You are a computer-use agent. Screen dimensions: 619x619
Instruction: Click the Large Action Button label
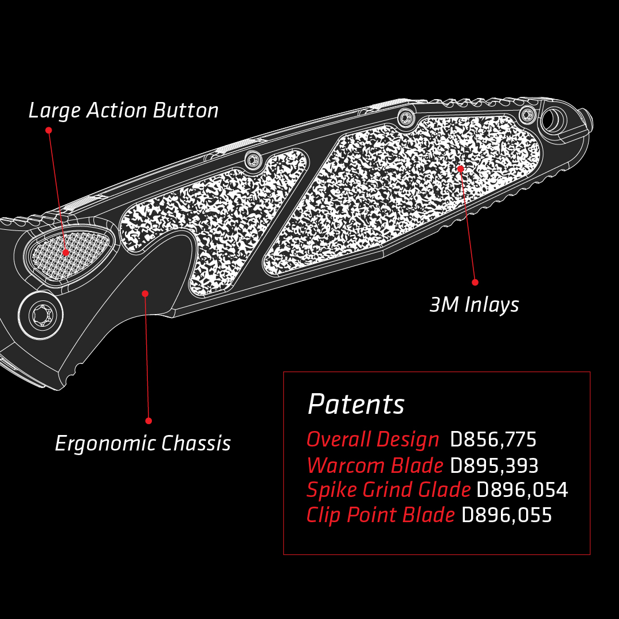click(123, 111)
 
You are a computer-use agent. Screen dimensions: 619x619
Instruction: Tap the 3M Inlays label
click(474, 305)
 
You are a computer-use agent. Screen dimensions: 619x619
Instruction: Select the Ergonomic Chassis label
click(143, 444)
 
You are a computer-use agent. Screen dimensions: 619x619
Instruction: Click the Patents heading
click(356, 404)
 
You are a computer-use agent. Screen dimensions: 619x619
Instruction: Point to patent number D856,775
click(493, 440)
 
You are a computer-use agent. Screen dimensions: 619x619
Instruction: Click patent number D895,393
click(494, 465)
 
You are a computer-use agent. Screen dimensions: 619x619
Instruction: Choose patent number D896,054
click(522, 490)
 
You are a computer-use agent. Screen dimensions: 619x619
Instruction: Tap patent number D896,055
click(507, 515)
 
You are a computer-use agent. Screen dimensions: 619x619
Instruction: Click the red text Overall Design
click(373, 440)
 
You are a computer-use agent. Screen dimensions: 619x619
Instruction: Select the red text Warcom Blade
click(375, 465)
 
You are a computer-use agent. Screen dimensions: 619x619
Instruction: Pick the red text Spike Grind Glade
click(388, 490)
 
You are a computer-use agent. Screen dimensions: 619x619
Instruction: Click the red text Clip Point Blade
click(381, 515)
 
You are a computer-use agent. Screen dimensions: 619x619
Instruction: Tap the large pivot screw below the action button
click(41, 315)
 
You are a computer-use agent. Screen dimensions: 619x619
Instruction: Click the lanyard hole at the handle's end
click(554, 120)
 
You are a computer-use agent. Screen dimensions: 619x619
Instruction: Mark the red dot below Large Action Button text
click(49, 131)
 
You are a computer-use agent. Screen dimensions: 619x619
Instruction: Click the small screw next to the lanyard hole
click(527, 115)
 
